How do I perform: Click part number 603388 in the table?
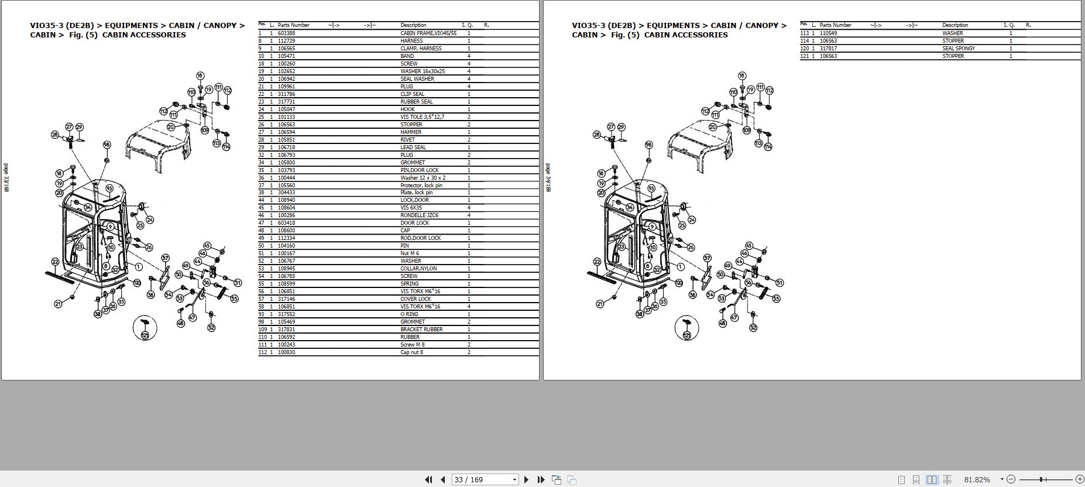click(286, 33)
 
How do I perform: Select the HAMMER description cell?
click(411, 132)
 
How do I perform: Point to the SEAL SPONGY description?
click(958, 49)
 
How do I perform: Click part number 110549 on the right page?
click(828, 33)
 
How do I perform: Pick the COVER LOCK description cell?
click(416, 299)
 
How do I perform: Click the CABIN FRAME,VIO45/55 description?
click(428, 33)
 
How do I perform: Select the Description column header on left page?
click(413, 25)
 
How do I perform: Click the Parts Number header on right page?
click(835, 25)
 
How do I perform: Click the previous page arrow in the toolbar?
click(442, 479)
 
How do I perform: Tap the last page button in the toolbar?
click(541, 479)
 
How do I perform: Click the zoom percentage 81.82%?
click(977, 479)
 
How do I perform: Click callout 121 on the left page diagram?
click(145, 335)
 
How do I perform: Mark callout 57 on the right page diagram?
click(707, 258)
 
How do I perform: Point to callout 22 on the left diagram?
click(55, 262)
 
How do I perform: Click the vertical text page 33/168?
click(6, 177)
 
